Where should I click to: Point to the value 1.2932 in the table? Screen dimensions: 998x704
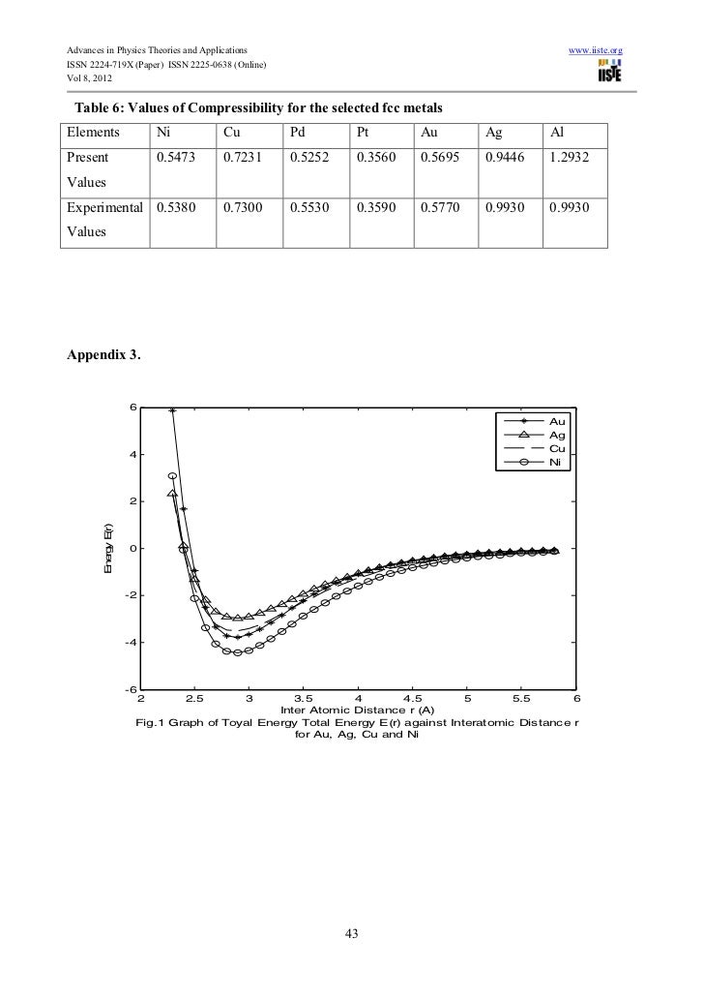pos(570,156)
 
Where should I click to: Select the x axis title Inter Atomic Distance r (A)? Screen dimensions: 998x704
pos(358,711)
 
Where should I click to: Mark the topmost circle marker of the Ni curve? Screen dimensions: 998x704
pos(172,476)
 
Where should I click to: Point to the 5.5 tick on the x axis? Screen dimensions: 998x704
pos(522,699)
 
